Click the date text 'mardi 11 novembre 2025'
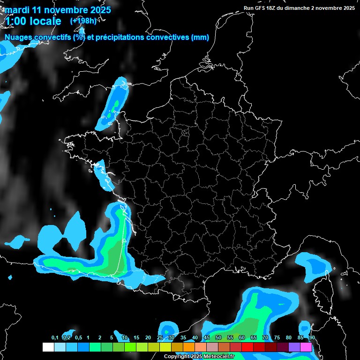58,10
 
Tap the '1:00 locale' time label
33,21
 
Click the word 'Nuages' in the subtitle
19,37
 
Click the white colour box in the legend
48,347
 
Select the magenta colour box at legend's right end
306,347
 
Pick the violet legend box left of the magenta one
294,347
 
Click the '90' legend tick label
312,337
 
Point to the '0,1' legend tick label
55,337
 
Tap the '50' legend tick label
218,337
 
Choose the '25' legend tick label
160,337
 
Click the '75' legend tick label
277,337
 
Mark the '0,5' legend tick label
78,337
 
